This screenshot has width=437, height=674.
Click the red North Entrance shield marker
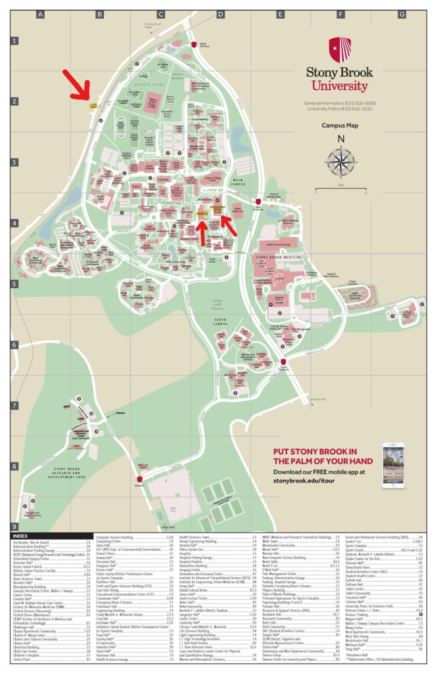click(x=193, y=44)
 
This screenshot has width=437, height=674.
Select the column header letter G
click(x=401, y=13)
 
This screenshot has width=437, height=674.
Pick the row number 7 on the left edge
click(x=13, y=406)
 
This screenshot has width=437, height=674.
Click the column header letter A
click(x=40, y=13)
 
